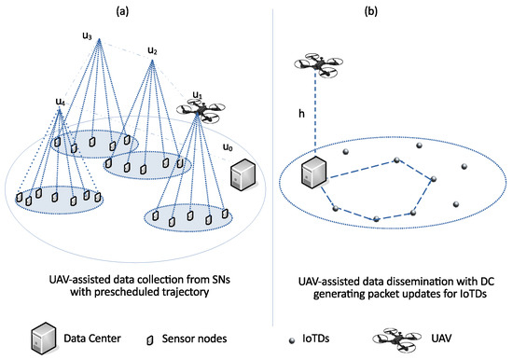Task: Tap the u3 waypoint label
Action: [x=88, y=36]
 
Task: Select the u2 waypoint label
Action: [x=153, y=48]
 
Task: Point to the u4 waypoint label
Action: [x=61, y=101]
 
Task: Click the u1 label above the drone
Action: [x=197, y=95]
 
